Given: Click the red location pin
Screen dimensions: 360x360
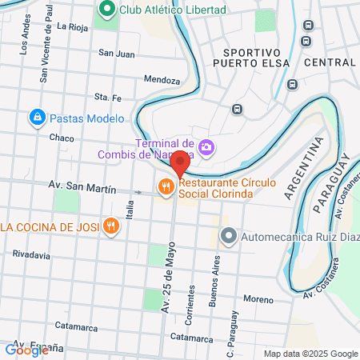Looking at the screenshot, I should [180, 162].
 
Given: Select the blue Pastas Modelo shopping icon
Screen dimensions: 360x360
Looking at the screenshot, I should [36, 118].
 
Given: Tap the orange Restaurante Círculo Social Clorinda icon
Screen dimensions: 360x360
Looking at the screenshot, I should [166, 186].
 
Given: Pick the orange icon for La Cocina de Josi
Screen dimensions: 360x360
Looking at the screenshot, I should [111, 226].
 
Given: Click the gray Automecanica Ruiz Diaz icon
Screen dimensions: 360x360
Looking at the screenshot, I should [229, 236].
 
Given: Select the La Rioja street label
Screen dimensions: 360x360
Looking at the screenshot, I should [72, 26].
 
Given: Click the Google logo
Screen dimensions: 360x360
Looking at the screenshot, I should [26, 350].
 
